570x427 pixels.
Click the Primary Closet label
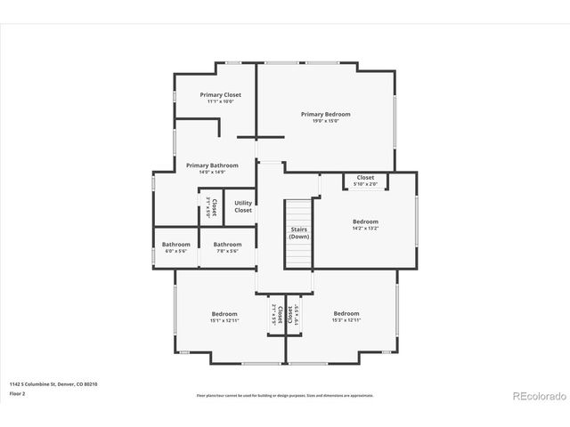coord(220,94)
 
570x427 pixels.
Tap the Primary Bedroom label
coord(325,114)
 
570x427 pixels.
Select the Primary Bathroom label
coord(212,165)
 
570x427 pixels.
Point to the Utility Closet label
coord(243,206)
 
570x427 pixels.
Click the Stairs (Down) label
coord(299,233)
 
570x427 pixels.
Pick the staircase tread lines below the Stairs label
coord(299,254)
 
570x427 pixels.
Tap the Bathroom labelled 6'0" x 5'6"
coord(175,245)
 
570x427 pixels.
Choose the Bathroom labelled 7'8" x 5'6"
coord(227,245)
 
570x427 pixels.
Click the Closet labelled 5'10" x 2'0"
coord(365,178)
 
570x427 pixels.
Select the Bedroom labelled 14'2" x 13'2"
coord(365,222)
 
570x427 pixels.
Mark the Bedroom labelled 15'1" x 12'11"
coord(224,313)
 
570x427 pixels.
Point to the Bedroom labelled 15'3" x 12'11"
coord(346,313)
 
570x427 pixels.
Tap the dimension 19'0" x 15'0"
coord(325,121)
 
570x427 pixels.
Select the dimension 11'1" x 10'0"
coord(220,101)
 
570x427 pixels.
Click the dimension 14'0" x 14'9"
coord(212,172)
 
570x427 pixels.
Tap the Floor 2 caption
coord(18,393)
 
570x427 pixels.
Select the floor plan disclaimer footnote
coord(285,395)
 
